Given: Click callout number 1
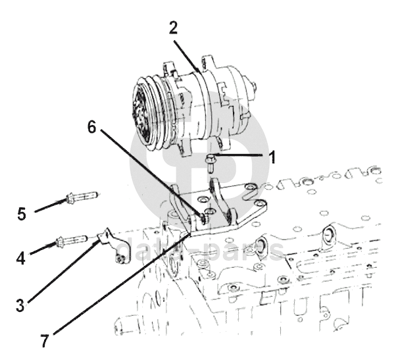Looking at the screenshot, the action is pyautogui.click(x=273, y=157).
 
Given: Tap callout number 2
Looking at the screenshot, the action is pyautogui.click(x=173, y=28).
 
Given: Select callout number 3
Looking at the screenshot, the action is pyautogui.click(x=20, y=305).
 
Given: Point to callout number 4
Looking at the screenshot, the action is pyautogui.click(x=20, y=258).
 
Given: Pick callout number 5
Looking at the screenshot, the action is pyautogui.click(x=22, y=214).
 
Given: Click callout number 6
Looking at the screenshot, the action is pyautogui.click(x=92, y=127).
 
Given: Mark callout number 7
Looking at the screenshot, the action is pyautogui.click(x=44, y=341).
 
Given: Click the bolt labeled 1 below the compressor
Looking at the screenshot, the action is pyautogui.click(x=211, y=163).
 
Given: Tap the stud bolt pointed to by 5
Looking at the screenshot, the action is pyautogui.click(x=82, y=197).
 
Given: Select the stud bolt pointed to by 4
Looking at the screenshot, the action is pyautogui.click(x=72, y=241).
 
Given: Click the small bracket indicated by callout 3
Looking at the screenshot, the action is pyautogui.click(x=114, y=246).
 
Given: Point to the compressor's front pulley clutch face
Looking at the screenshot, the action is pyautogui.click(x=141, y=110).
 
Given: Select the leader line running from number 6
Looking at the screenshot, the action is pyautogui.click(x=151, y=172).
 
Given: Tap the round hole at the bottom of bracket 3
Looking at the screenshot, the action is pyautogui.click(x=120, y=260).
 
